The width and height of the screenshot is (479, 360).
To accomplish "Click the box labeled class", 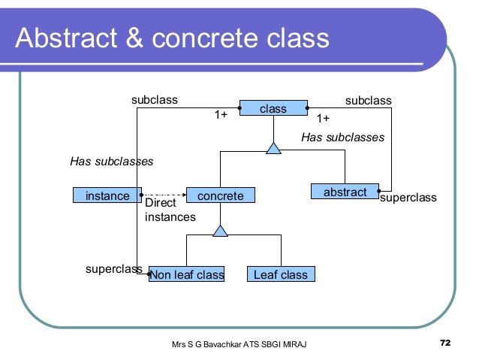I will click(273, 109).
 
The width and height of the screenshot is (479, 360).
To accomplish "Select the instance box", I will click(107, 195).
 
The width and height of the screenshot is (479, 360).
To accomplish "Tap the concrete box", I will click(220, 195).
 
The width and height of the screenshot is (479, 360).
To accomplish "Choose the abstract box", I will click(345, 193).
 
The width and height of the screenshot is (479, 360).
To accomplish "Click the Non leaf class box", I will click(188, 275).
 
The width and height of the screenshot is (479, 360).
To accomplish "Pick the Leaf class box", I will click(281, 275).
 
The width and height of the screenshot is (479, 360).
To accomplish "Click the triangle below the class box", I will click(273, 147).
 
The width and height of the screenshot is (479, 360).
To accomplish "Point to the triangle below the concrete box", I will click(220, 231).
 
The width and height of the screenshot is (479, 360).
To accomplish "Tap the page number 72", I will click(445, 343).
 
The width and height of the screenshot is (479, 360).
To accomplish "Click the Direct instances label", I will click(169, 210).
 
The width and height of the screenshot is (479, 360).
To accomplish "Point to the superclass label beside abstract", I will click(408, 198).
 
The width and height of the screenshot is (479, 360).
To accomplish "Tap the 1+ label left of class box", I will click(221, 115).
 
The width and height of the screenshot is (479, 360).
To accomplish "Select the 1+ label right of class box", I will click(323, 119).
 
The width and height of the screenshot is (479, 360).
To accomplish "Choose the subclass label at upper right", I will click(368, 99).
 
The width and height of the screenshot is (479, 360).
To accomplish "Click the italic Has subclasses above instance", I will click(112, 161).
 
